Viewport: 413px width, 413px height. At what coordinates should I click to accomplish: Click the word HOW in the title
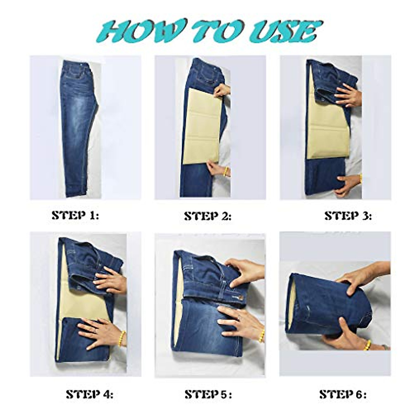pos(138,32)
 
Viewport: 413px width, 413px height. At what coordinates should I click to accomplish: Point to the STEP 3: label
pos(348,216)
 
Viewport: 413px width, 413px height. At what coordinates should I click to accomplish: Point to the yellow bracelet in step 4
pos(121,339)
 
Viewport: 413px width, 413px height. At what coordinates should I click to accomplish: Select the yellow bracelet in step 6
pos(368,345)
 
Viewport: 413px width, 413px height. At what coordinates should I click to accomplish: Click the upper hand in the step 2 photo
pos(222,91)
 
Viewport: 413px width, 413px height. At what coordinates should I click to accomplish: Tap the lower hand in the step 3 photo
pos(348,184)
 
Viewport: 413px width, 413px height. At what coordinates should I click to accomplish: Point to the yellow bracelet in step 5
pos(262,336)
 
